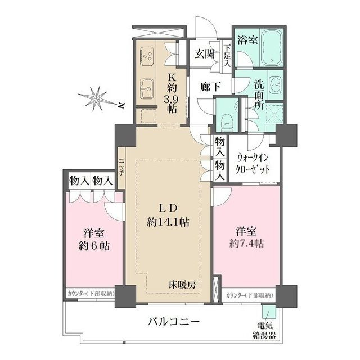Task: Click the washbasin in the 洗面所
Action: pos(277,84)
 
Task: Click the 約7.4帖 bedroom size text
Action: pos(246,244)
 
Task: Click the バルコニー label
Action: pos(174,322)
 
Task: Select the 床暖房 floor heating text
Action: pos(184,285)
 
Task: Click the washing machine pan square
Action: pos(274,116)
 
